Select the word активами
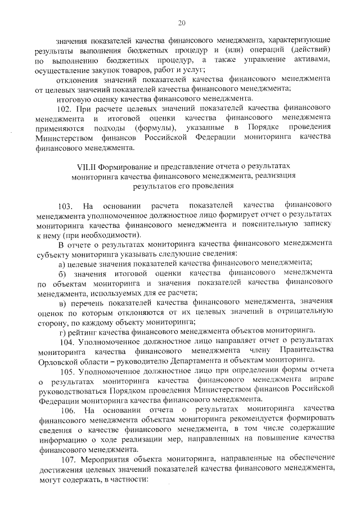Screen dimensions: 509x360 pos(311,60)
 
